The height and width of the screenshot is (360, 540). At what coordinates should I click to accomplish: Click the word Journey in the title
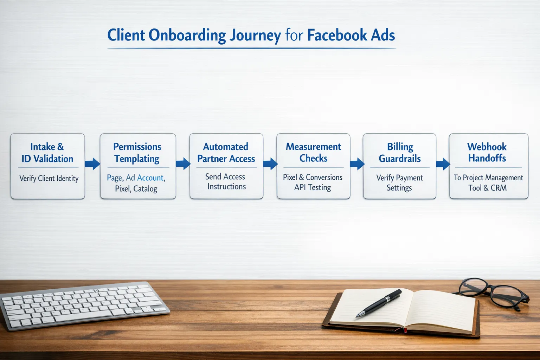tap(255, 36)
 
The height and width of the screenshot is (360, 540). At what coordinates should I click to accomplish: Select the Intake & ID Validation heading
tap(47, 153)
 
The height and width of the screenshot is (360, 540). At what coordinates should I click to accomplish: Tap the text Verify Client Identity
tap(49, 178)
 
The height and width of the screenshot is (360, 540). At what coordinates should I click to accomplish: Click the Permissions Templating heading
tap(137, 153)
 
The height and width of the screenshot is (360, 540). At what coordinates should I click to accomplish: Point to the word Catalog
tap(145, 189)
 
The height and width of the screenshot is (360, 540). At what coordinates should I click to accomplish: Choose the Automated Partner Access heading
tap(226, 153)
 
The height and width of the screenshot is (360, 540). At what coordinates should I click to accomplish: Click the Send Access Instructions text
tap(226, 181)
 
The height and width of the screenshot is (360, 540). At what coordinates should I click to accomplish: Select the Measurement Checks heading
tap(313, 152)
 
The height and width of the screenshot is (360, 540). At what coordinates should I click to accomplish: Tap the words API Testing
tap(313, 187)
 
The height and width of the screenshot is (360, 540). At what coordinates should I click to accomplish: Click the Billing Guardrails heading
tap(400, 153)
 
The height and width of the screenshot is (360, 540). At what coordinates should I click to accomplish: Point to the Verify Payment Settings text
tap(399, 182)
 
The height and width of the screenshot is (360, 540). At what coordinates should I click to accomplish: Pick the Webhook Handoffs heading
tap(487, 152)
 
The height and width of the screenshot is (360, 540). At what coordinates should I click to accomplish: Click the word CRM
tap(499, 188)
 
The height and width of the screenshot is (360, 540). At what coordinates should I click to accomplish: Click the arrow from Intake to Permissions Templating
tap(92, 163)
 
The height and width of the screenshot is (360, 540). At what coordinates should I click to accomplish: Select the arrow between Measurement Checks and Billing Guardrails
tap(357, 163)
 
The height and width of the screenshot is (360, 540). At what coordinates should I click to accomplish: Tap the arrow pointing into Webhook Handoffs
tap(443, 164)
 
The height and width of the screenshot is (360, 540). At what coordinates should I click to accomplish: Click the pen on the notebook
tap(379, 303)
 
